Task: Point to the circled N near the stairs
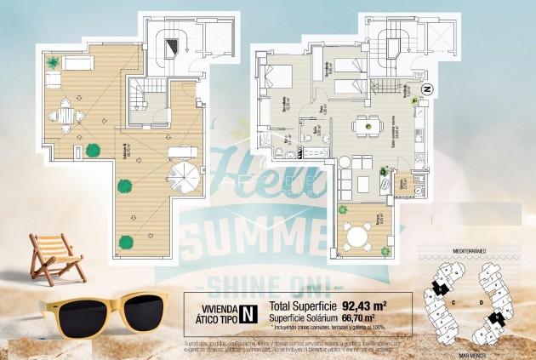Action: click(x=427, y=89)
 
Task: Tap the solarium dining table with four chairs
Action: click(x=65, y=112)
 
